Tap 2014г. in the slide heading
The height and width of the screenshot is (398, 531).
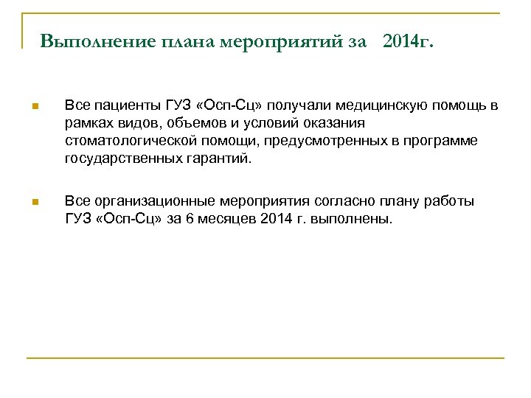(x=409, y=41)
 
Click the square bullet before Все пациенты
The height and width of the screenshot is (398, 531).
(x=34, y=108)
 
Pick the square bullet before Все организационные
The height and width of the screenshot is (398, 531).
(x=34, y=202)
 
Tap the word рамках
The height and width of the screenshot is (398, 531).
(x=86, y=124)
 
